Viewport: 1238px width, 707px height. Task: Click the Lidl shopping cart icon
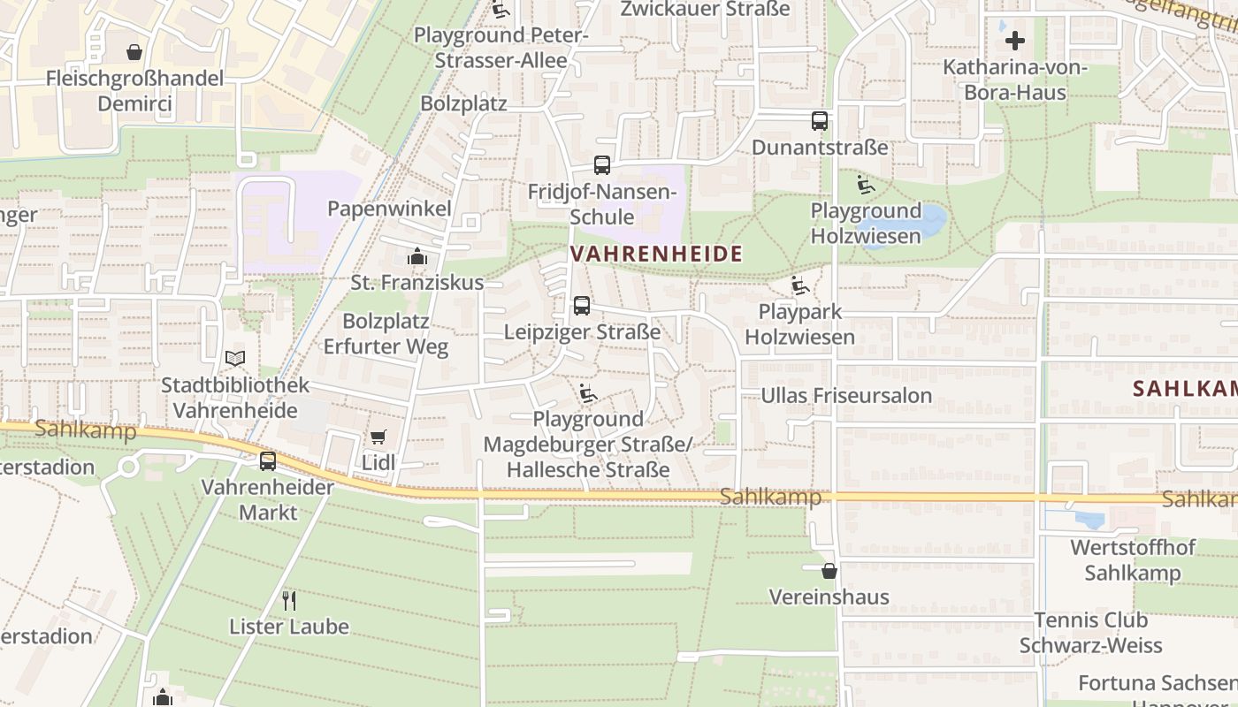coord(378,437)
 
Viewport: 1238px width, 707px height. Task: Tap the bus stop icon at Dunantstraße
coord(820,121)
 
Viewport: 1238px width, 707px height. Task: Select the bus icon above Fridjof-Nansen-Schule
coord(602,165)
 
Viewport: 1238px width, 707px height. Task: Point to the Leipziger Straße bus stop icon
coord(582,306)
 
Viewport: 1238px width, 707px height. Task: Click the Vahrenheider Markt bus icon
coord(268,460)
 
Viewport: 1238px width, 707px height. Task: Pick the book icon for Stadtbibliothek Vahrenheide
coord(235,358)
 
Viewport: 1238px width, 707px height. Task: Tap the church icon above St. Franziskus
coord(416,257)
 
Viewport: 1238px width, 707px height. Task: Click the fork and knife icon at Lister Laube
coord(289,601)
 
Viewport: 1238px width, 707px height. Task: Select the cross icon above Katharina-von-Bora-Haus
coord(1014,41)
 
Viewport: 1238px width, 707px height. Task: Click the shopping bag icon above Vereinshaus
coord(829,571)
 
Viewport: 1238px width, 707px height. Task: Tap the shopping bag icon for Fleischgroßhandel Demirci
coord(134,52)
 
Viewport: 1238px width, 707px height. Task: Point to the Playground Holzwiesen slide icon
coord(866,185)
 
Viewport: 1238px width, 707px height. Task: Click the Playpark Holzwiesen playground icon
coord(800,285)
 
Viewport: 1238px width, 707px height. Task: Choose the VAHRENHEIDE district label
coord(656,255)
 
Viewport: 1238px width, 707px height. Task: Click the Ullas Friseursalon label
coord(846,395)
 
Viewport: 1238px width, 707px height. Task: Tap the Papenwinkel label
coord(389,209)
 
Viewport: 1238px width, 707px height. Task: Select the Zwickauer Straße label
coord(705,9)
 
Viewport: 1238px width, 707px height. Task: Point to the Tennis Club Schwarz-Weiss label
coord(1091,633)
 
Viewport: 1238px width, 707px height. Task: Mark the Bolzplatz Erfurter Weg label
coord(386,333)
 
